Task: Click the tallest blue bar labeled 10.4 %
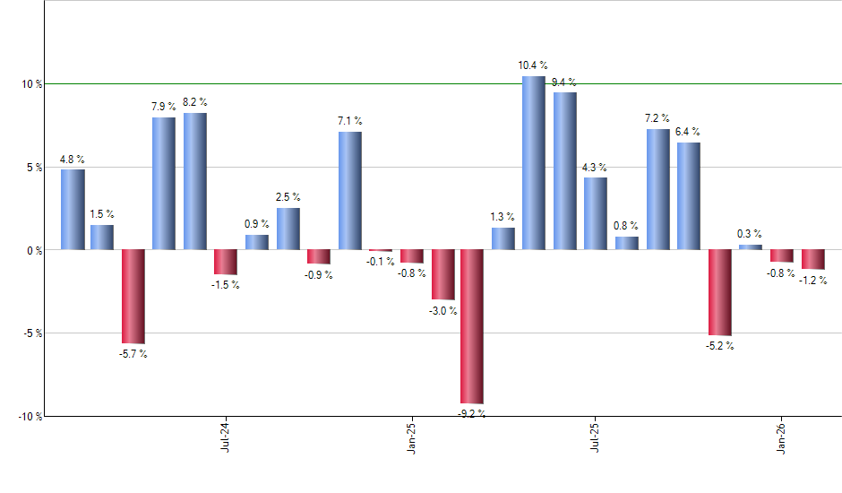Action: (534, 163)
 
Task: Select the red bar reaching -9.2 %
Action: (472, 326)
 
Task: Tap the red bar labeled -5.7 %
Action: (133, 297)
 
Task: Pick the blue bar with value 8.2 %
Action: (195, 181)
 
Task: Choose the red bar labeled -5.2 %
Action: (719, 292)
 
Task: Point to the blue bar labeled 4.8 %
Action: (73, 210)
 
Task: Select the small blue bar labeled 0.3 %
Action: (751, 246)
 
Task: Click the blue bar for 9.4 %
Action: (565, 171)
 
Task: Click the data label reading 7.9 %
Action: (164, 108)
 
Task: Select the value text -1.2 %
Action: (813, 281)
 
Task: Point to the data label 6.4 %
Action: (689, 132)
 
